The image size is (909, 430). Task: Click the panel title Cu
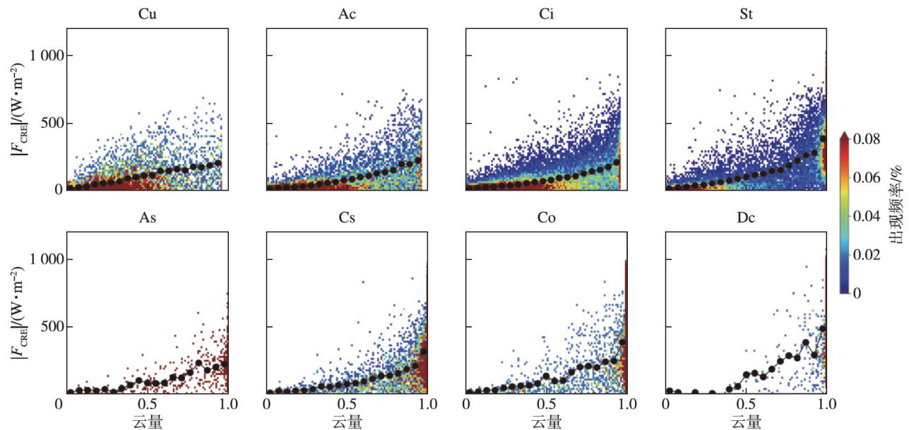(147, 13)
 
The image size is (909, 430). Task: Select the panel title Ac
(347, 13)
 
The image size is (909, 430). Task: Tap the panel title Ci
(546, 13)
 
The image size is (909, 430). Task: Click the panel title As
(147, 218)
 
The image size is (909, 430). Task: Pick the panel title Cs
(347, 218)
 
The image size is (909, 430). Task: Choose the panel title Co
(546, 218)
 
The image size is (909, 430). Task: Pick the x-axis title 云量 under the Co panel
(546, 422)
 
